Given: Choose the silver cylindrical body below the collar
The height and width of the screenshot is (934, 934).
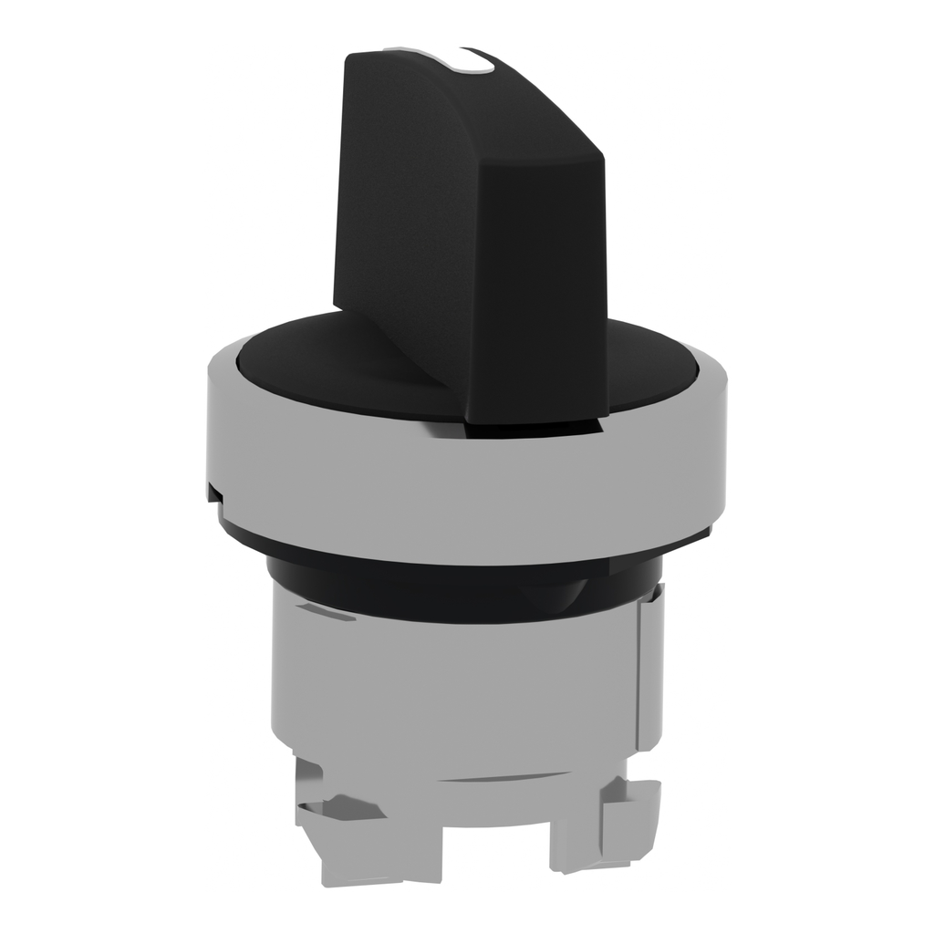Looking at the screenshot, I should pos(456,693).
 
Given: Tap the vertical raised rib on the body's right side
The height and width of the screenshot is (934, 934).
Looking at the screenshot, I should pos(649,666).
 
